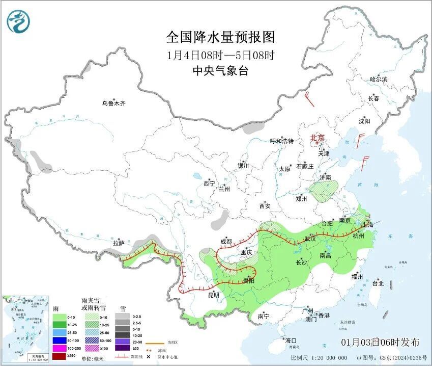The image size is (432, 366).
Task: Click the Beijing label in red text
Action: pos(318,138)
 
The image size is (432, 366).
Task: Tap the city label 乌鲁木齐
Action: pos(113,103)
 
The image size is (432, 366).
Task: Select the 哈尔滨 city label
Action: pos(379,80)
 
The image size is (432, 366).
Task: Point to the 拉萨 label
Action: pos(119,244)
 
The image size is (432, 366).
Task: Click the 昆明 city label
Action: pos(213,295)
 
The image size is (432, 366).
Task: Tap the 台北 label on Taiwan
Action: pos(378,283)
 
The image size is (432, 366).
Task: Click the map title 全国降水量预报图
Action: pos(220,37)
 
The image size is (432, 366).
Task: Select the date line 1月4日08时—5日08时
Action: pos(220,55)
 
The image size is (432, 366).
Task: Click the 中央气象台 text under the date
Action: pos(220,71)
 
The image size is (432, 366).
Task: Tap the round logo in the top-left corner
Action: pos(18,21)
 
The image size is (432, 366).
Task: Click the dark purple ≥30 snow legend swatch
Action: pos(122,348)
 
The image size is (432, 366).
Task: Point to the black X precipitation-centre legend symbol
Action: pos(149,356)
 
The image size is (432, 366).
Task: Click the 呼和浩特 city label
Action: pos(281,141)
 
